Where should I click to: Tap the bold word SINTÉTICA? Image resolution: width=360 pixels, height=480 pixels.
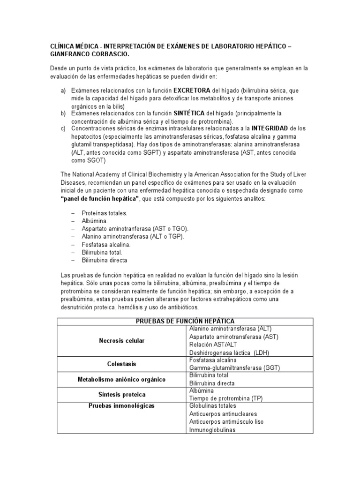(x=189, y=113)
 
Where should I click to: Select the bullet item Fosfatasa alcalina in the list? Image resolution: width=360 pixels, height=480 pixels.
(x=106, y=245)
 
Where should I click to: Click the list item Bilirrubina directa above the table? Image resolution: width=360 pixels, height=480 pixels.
(x=104, y=260)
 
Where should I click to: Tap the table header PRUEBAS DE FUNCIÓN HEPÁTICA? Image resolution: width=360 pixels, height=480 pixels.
(x=185, y=321)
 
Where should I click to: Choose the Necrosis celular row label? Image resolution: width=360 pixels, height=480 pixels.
(x=121, y=340)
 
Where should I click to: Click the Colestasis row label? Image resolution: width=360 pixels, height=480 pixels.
(x=121, y=364)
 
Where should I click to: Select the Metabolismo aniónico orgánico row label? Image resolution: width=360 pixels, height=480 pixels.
(x=121, y=379)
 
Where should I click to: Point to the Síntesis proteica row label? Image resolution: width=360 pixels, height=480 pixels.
(x=121, y=394)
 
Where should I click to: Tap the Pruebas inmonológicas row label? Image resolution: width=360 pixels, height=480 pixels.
(x=121, y=405)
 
